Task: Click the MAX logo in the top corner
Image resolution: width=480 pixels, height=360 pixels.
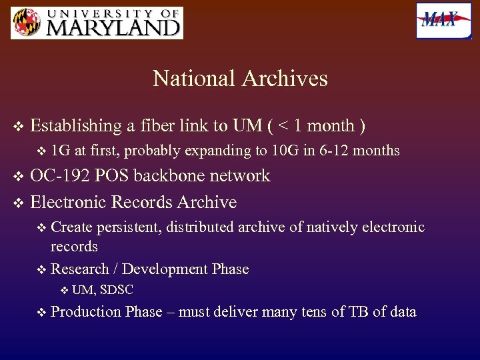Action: [x=443, y=21]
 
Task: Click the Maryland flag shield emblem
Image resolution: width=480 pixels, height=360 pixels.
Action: [x=26, y=23]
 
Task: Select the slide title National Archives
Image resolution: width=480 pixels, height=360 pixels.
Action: [x=240, y=79]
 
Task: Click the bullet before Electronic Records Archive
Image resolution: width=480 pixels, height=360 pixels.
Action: [x=18, y=202]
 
